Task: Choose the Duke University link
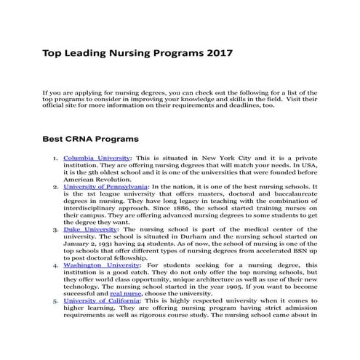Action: [89, 228]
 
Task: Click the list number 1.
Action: [56, 158]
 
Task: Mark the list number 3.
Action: [56, 228]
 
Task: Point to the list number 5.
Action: [56, 300]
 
